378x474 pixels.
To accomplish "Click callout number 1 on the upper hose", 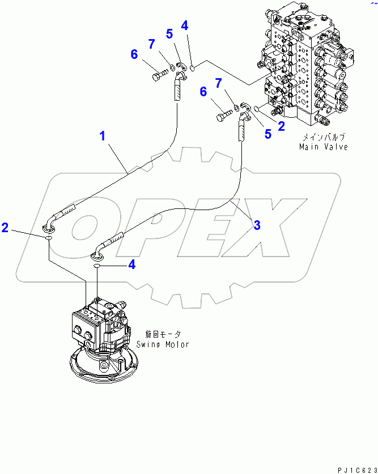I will [103, 136].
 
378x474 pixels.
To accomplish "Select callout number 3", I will [257, 225].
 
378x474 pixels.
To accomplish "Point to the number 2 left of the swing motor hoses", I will [6, 228].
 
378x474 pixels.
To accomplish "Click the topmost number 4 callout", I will [185, 25].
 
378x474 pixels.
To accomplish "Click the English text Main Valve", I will [324, 147].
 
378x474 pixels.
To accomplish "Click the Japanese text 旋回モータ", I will [162, 335].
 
